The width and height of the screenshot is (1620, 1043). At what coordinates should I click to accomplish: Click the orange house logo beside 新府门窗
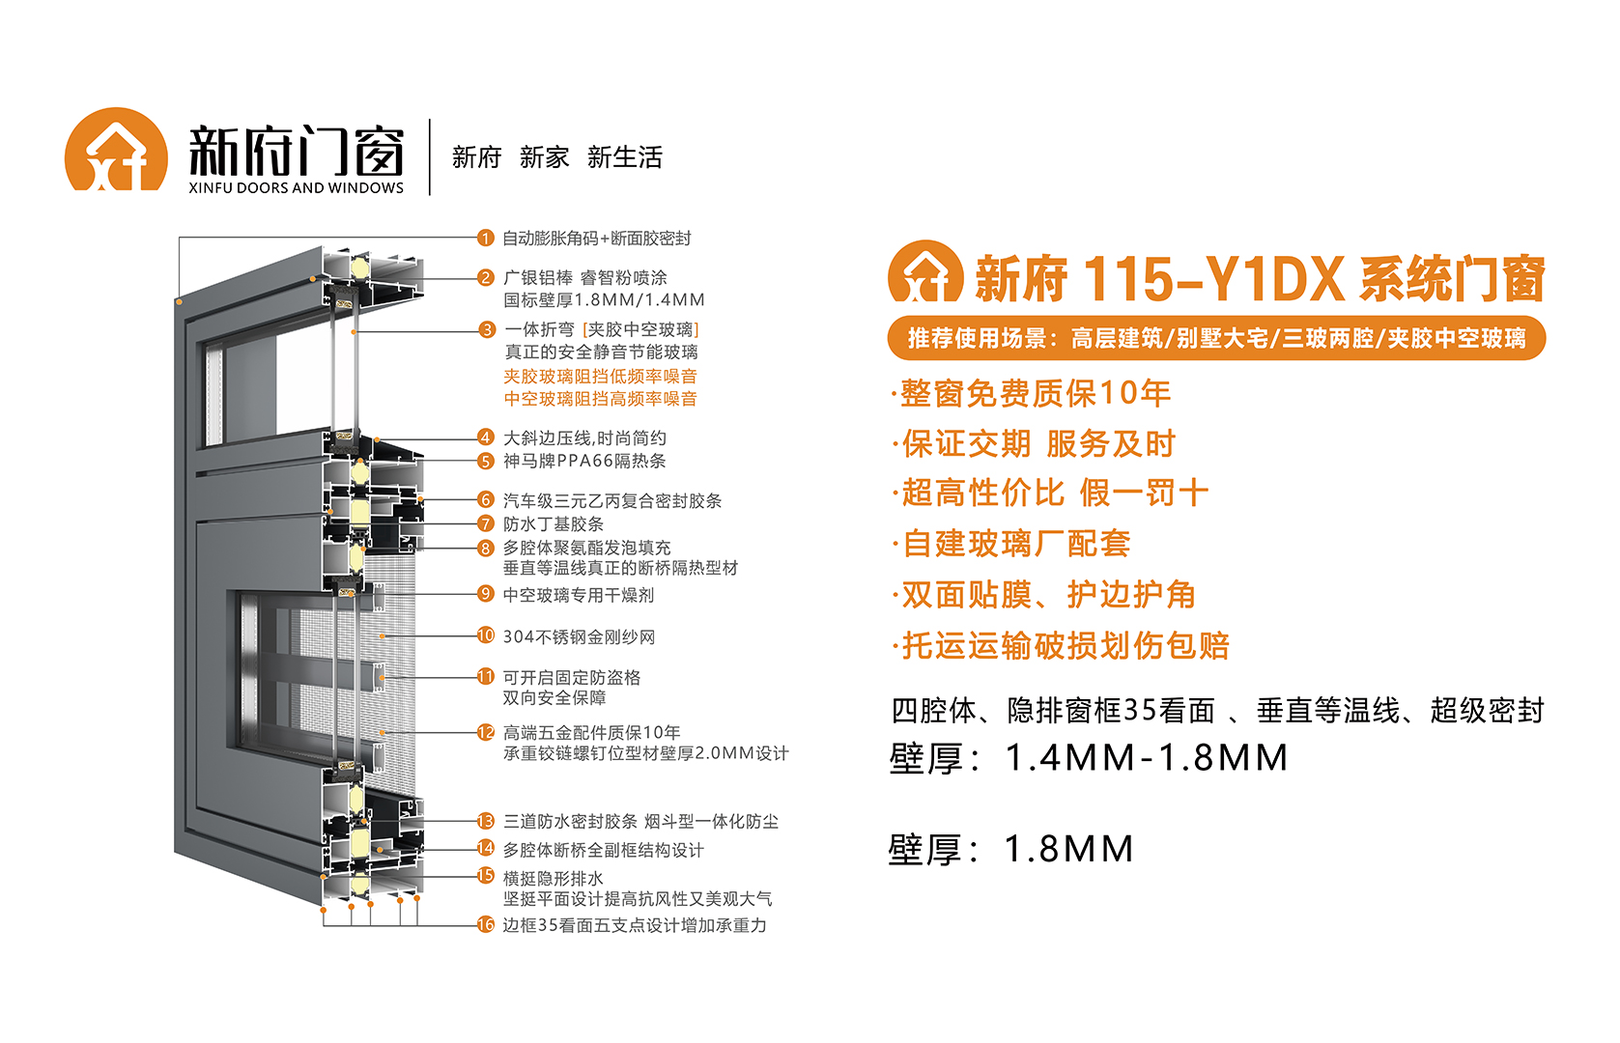click(116, 150)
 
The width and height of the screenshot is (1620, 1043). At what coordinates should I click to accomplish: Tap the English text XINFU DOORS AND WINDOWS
click(296, 188)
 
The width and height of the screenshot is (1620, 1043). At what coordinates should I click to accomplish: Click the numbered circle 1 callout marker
click(485, 238)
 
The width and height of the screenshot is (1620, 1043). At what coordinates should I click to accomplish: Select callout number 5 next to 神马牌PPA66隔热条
click(486, 462)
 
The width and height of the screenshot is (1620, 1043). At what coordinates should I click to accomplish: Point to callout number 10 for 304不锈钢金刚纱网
click(485, 635)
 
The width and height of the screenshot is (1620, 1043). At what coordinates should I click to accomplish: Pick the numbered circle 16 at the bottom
click(485, 924)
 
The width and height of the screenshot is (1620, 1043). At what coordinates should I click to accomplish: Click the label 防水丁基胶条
click(554, 524)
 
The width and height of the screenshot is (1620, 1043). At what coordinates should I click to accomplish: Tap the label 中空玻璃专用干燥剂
click(579, 595)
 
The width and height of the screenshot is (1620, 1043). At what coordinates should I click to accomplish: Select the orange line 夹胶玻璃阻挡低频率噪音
click(600, 377)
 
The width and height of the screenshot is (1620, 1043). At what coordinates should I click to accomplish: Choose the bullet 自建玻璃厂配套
click(1011, 544)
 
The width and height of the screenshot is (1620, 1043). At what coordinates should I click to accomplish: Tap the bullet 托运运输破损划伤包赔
click(1061, 645)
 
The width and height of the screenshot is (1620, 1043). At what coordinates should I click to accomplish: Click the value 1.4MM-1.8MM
click(1147, 758)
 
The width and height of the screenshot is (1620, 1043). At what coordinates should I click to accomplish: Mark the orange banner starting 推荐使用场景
click(1216, 338)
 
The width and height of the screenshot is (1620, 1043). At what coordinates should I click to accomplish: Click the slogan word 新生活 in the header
click(625, 156)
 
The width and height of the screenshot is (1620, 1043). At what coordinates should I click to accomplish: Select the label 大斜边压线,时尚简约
click(585, 438)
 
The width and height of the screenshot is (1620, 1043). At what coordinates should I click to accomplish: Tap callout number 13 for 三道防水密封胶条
click(485, 821)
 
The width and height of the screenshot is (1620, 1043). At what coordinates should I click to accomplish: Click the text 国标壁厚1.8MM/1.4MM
click(604, 300)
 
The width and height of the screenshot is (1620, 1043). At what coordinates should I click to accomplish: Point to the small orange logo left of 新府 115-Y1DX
click(925, 271)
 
